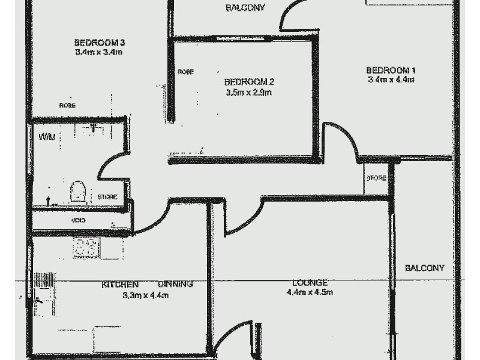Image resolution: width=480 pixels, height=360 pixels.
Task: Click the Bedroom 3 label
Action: (x=99, y=43)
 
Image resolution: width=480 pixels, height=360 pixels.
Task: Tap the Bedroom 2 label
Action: (x=249, y=82)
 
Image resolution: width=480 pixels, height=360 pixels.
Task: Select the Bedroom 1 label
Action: (x=391, y=70)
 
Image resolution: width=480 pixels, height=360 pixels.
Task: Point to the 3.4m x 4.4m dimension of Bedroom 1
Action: (x=391, y=79)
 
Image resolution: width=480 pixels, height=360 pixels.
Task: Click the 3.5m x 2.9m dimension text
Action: (x=249, y=92)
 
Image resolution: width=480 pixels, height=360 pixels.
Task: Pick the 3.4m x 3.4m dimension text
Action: (x=99, y=52)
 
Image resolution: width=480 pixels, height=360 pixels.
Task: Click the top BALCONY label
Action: (x=245, y=8)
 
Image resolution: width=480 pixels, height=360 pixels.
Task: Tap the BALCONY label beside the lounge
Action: (x=424, y=268)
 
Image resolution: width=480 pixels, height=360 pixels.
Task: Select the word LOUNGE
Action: (x=310, y=283)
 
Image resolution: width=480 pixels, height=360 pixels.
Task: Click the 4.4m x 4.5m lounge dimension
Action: (x=310, y=293)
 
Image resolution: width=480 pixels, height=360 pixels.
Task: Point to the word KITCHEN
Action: (x=120, y=284)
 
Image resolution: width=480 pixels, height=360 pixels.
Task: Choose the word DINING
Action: (x=175, y=284)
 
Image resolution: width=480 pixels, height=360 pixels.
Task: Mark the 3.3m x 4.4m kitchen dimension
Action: (x=145, y=295)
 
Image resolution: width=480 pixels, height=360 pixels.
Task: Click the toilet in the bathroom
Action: (x=77, y=193)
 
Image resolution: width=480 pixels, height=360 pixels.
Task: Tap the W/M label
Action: (x=47, y=137)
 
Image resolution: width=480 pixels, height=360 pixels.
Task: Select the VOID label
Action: (x=78, y=221)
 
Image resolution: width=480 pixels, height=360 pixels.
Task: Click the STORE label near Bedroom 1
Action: (x=376, y=179)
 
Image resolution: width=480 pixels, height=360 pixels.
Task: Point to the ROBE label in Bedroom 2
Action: (x=185, y=72)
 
